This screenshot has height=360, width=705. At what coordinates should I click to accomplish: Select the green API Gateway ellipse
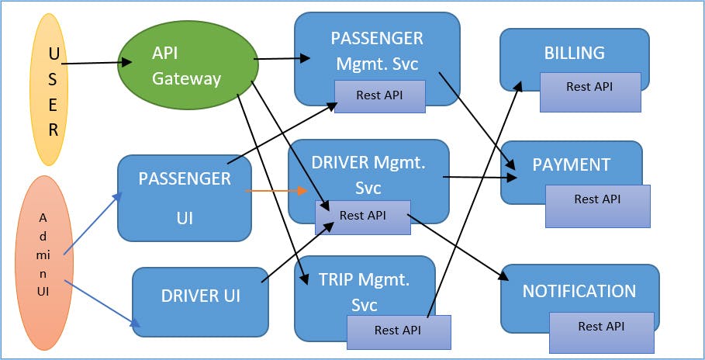188,67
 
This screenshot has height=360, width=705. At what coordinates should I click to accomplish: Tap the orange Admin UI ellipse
43,262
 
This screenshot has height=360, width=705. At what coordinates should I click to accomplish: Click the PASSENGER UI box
185,198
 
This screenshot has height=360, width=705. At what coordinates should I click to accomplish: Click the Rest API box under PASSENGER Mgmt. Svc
379,95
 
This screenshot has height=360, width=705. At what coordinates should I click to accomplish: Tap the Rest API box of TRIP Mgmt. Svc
397,331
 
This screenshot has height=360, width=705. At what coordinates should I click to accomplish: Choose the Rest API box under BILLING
589,87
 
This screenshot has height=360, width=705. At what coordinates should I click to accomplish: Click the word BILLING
574,53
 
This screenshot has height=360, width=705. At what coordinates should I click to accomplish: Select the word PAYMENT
571,164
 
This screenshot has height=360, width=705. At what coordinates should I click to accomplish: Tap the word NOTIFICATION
579,291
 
